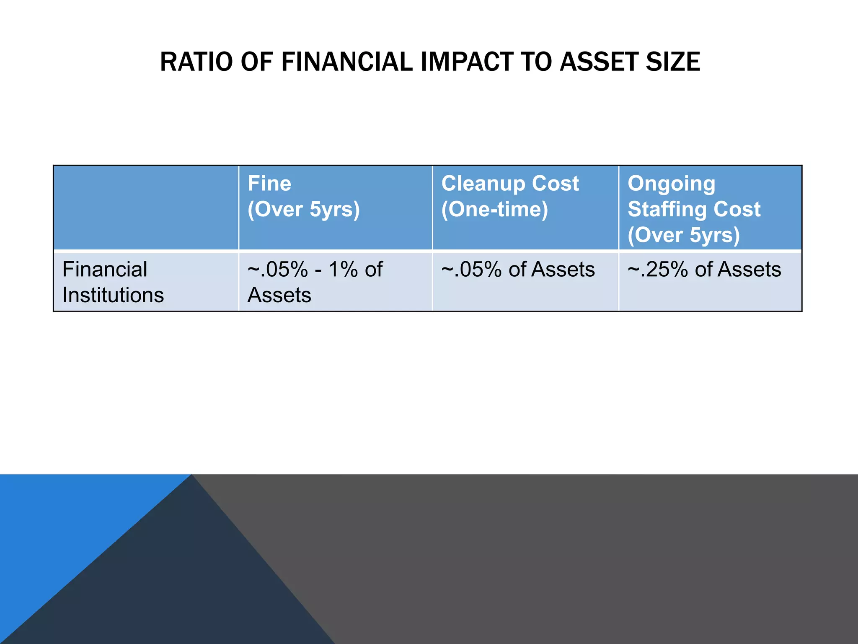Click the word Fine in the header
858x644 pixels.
tap(269, 184)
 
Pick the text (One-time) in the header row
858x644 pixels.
tap(494, 209)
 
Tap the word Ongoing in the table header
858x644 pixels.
tap(671, 184)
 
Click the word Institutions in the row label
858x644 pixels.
tap(113, 295)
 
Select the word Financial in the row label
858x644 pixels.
tap(105, 270)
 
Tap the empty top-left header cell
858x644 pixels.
tap(146, 208)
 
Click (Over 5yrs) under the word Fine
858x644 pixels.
tap(304, 209)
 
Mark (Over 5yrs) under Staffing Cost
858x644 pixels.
tap(684, 235)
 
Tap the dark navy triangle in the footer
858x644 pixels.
tap(189, 587)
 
